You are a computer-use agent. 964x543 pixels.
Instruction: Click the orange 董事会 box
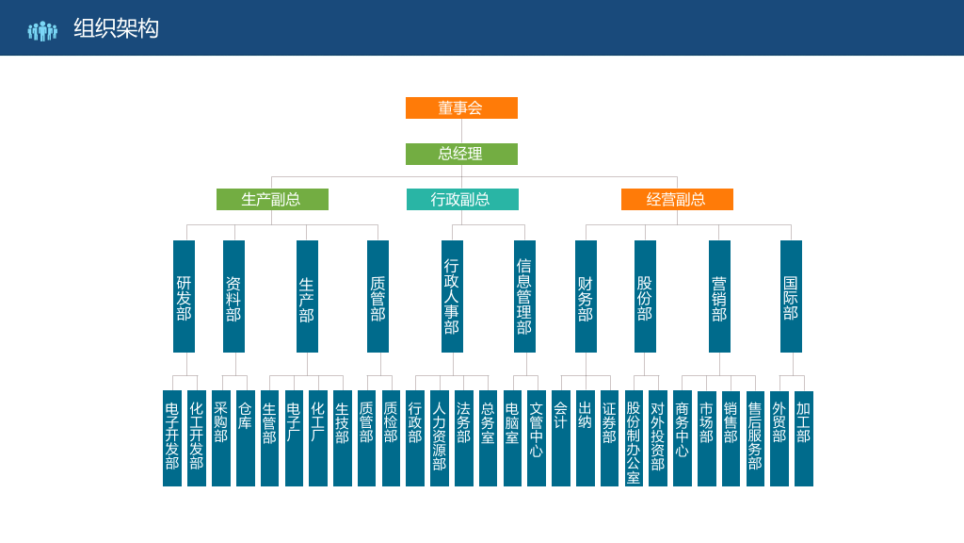point(461,107)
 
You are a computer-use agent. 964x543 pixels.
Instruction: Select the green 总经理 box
point(461,154)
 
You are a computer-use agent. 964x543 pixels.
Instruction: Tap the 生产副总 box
point(272,200)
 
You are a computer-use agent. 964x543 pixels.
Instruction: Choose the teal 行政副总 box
point(462,200)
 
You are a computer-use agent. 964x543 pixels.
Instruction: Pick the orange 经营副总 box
point(677,200)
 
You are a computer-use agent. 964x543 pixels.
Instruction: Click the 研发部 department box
point(184,296)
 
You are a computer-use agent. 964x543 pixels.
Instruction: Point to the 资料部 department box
point(233,296)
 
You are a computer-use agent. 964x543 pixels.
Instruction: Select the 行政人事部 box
point(452,296)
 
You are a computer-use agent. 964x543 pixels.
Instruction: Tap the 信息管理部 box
point(524,296)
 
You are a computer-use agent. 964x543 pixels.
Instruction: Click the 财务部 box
point(586,296)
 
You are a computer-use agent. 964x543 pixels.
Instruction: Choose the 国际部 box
point(791,296)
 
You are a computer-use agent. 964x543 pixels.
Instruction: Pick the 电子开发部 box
point(172,438)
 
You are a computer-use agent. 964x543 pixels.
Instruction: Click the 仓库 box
point(246,438)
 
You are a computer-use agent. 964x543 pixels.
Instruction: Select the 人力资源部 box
point(439,438)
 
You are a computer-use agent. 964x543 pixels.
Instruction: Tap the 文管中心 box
point(536,438)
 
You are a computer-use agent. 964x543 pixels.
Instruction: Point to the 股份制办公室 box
point(634,438)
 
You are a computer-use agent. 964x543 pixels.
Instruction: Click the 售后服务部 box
point(755,438)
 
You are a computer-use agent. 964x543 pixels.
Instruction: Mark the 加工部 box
point(804,438)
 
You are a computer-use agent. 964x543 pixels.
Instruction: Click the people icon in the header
point(42,31)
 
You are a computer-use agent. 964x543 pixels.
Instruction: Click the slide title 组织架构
point(116,28)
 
